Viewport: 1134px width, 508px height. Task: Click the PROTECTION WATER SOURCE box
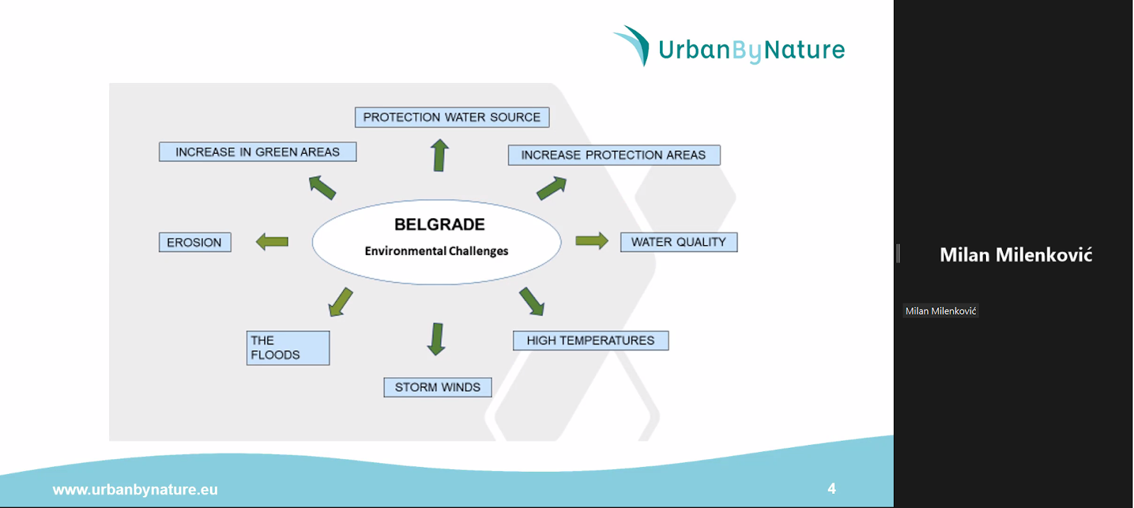(452, 118)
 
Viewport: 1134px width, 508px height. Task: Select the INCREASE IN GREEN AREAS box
(258, 152)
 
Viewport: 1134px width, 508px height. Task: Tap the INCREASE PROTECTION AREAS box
(614, 155)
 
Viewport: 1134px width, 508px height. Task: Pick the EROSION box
(195, 242)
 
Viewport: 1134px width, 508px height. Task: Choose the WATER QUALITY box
(679, 242)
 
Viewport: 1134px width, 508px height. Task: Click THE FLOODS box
(288, 348)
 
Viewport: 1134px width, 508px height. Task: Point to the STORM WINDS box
(437, 387)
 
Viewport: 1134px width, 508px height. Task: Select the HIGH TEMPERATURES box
(591, 341)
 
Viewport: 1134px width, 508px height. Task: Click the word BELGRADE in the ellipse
(439, 225)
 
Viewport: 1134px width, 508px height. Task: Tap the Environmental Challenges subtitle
(437, 251)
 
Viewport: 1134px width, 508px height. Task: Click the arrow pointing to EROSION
(272, 242)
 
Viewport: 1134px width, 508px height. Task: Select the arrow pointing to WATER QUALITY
(592, 241)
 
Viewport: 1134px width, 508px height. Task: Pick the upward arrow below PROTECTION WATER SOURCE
(439, 155)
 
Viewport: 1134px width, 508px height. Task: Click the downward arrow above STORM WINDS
(437, 339)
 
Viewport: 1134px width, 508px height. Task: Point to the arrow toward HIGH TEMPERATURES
(532, 302)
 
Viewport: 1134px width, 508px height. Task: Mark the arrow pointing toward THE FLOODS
(341, 302)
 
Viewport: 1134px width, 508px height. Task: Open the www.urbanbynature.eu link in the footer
(135, 490)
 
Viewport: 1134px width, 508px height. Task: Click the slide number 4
(832, 488)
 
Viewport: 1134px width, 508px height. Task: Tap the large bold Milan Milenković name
(1016, 254)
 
